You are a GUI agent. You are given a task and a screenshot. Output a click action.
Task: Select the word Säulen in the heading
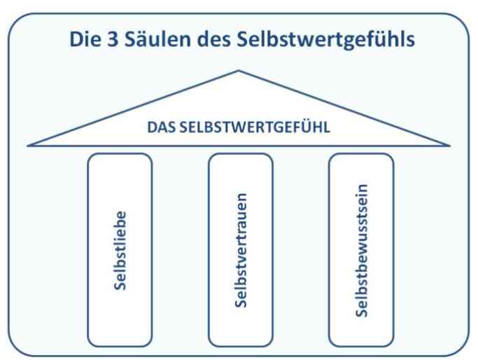pos(157,39)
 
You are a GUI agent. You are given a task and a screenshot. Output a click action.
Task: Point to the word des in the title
pos(213,39)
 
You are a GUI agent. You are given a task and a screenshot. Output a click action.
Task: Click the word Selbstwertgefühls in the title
pos(325,40)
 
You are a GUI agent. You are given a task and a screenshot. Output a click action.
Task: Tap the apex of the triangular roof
pos(239,71)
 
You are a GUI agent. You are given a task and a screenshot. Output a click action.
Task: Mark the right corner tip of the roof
pos(449,146)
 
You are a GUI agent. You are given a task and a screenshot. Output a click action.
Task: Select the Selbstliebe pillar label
pos(120,251)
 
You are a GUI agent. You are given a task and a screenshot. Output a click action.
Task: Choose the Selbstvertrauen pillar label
pos(241,250)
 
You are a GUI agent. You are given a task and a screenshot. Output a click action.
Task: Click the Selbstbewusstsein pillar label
pos(362,251)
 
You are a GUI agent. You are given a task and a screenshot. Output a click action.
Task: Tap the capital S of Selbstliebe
pos(120,285)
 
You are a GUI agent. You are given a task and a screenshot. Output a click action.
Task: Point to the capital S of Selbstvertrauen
pos(241,303)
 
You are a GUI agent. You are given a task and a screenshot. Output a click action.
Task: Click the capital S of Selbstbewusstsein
pos(362,312)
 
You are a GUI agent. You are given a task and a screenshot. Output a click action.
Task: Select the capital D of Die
pos(76,39)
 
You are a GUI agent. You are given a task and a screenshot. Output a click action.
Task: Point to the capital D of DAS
pos(152,127)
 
